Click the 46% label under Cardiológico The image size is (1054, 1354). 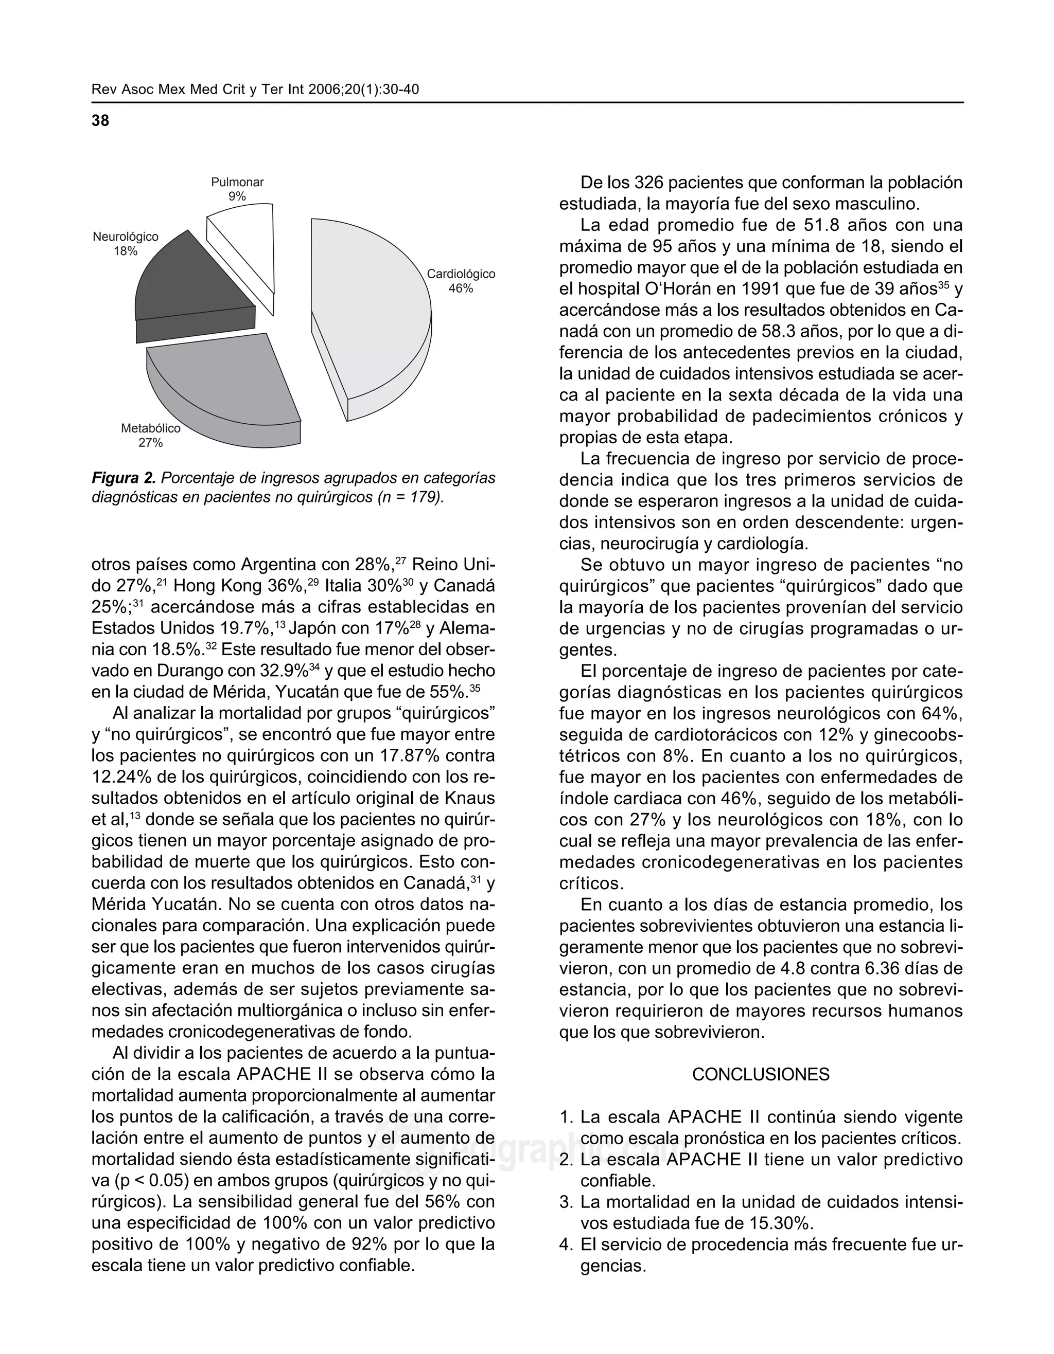(x=461, y=289)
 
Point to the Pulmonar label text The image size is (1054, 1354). (x=237, y=182)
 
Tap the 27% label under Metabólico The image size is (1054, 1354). (x=150, y=443)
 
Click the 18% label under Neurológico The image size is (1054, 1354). (x=125, y=251)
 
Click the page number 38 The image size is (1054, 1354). (x=100, y=121)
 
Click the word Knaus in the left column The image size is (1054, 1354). (x=471, y=799)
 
